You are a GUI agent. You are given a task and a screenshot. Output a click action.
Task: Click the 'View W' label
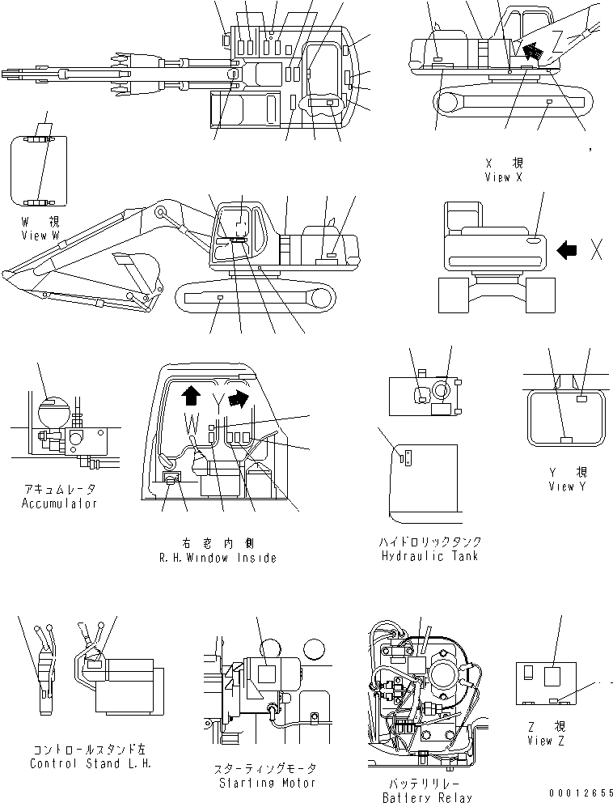(x=40, y=235)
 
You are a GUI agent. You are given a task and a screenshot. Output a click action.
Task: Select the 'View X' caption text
(x=508, y=177)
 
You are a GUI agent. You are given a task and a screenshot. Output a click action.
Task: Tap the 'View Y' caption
(x=572, y=486)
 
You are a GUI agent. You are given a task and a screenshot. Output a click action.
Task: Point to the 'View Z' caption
(x=539, y=740)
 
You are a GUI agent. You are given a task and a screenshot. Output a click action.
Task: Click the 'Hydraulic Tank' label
(x=429, y=555)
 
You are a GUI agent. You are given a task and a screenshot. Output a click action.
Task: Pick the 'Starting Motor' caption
(x=256, y=782)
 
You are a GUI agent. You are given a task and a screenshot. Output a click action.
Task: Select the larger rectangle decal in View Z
(x=554, y=676)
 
